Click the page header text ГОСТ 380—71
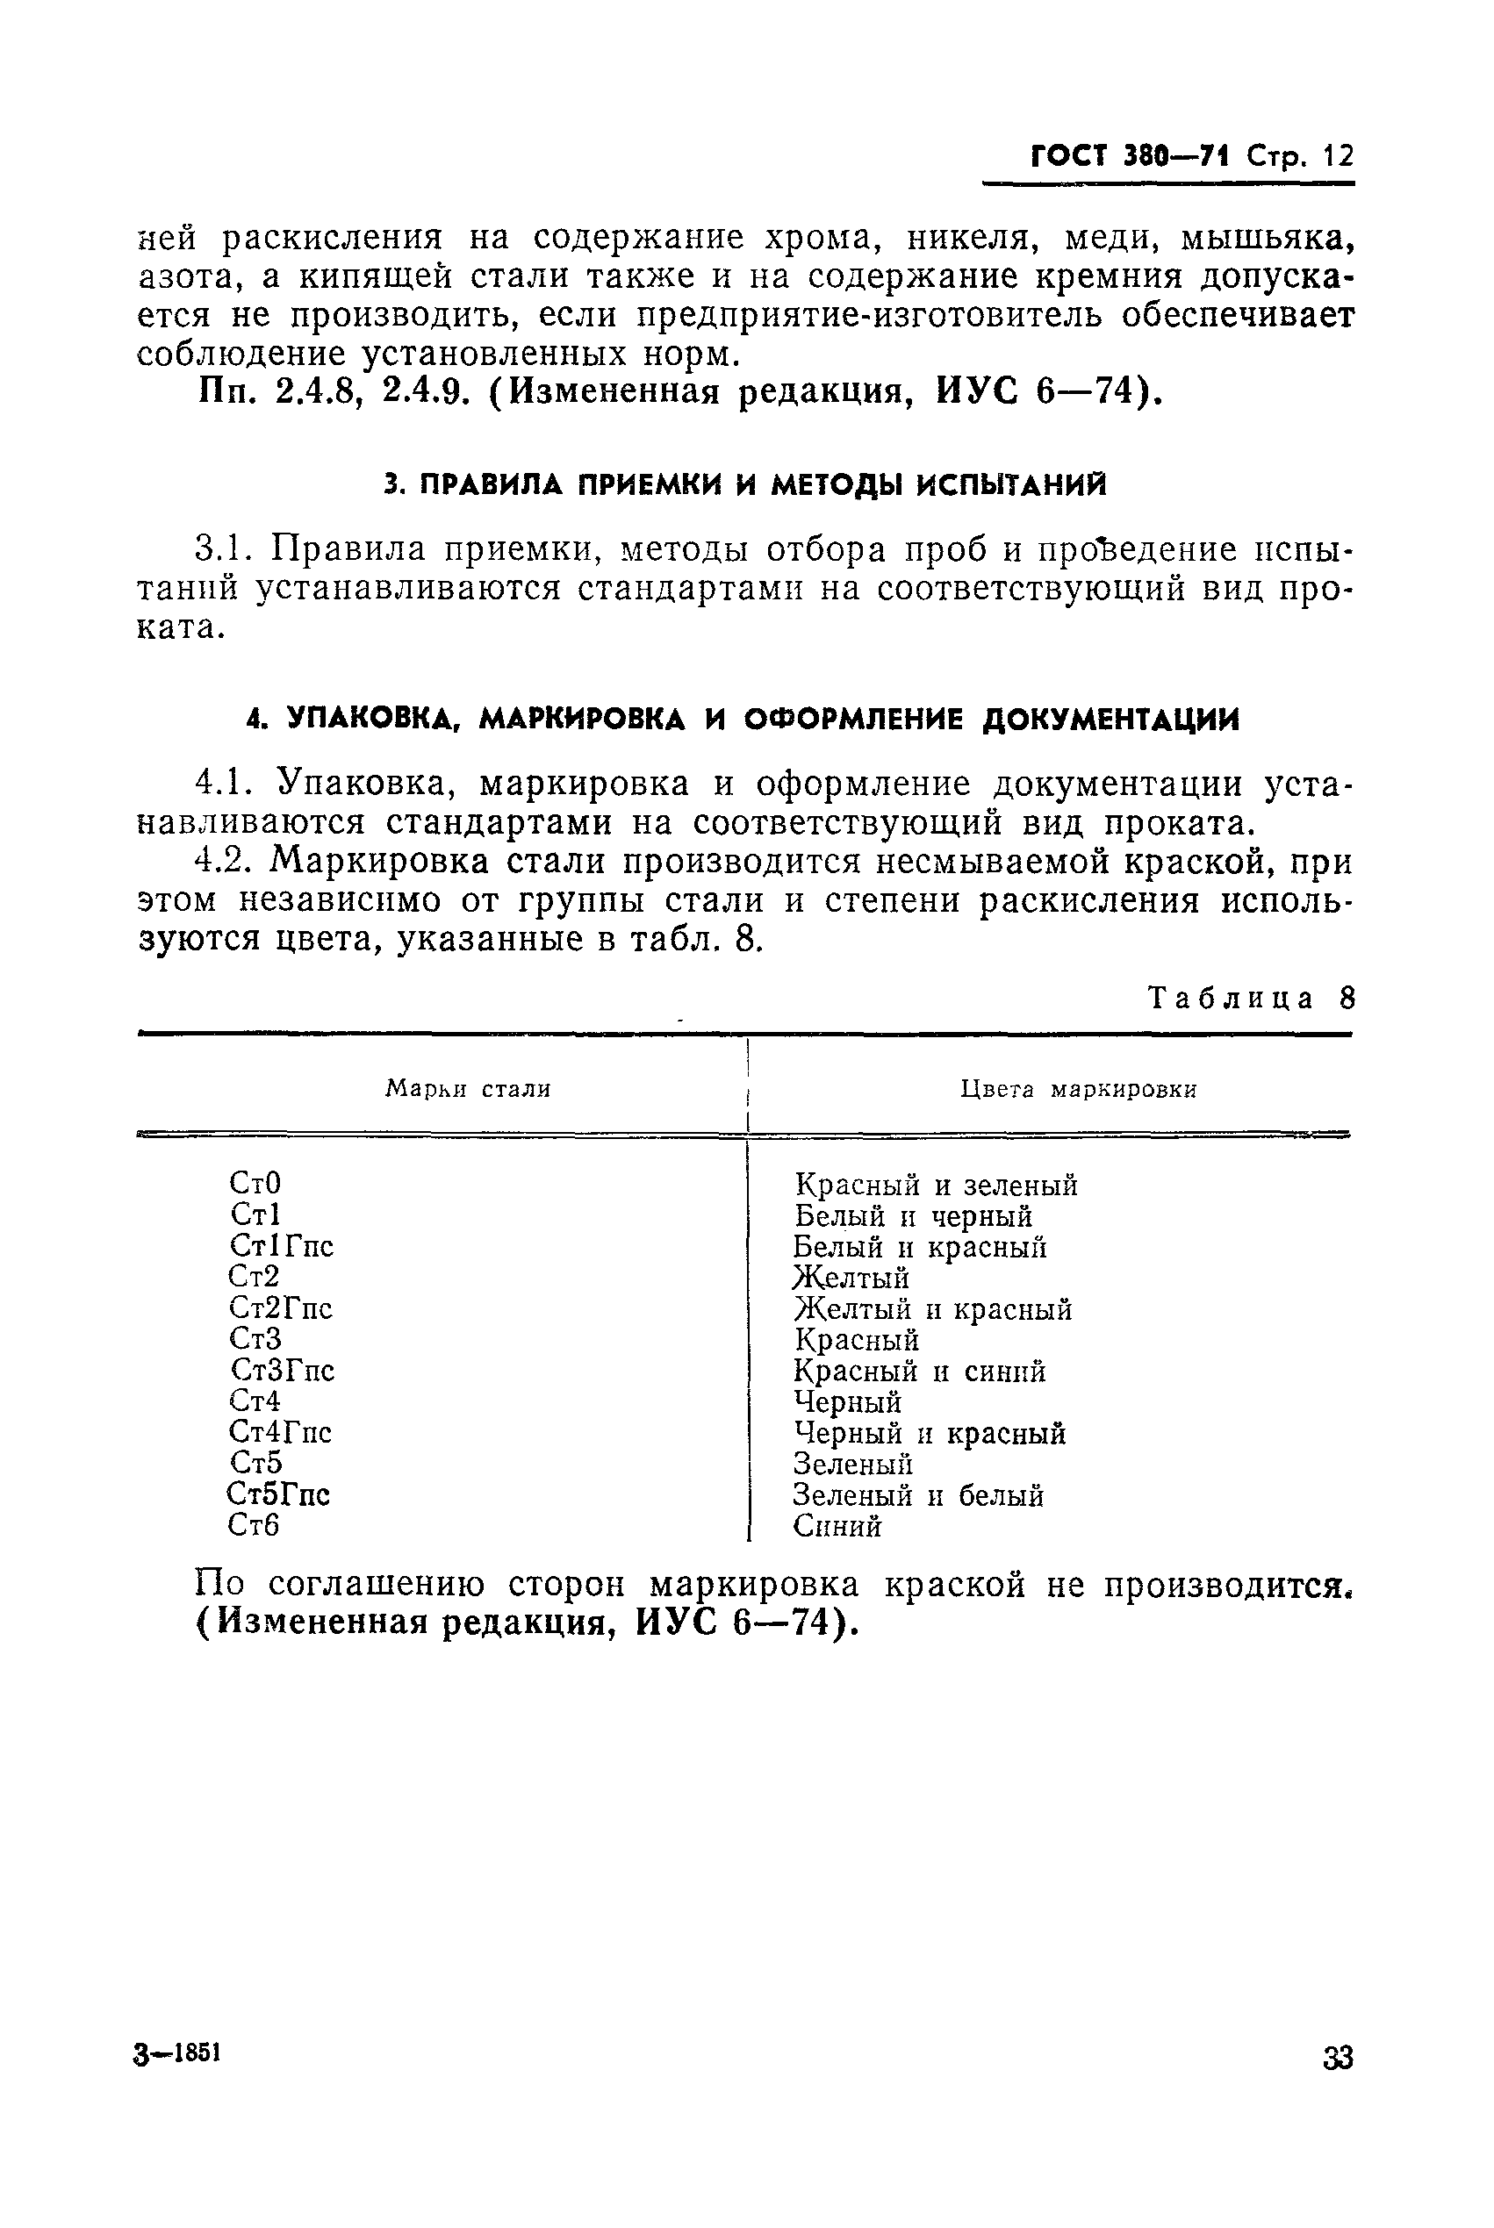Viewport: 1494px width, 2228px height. (1130, 155)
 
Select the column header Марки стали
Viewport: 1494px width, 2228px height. (468, 1089)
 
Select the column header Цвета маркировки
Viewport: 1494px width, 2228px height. (1079, 1089)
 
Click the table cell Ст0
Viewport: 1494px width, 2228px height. (255, 1183)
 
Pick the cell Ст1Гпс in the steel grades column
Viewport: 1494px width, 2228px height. (281, 1246)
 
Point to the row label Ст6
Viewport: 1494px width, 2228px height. (255, 1525)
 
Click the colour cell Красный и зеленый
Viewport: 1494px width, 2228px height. (936, 1186)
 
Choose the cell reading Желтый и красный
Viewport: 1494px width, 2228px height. (933, 1310)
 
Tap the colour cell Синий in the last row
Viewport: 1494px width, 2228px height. (837, 1527)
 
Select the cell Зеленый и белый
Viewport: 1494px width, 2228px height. (918, 1495)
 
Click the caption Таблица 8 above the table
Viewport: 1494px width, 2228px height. (1250, 999)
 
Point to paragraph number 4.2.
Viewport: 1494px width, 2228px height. (223, 861)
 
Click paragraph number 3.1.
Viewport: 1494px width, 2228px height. (223, 549)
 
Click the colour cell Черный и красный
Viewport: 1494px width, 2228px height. (929, 1434)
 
